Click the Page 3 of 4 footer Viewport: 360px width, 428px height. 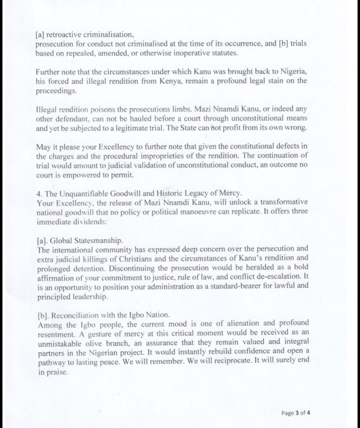click(x=296, y=413)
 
